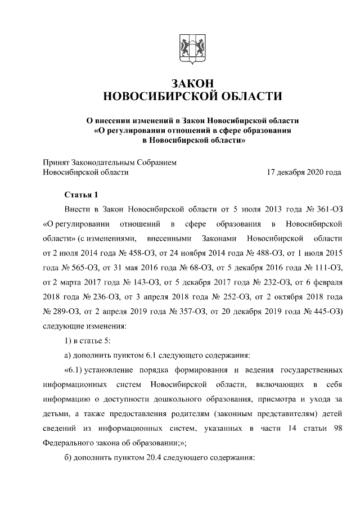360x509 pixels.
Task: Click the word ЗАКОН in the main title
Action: pyautogui.click(x=191, y=83)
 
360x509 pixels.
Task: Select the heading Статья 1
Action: pyautogui.click(x=81, y=195)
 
